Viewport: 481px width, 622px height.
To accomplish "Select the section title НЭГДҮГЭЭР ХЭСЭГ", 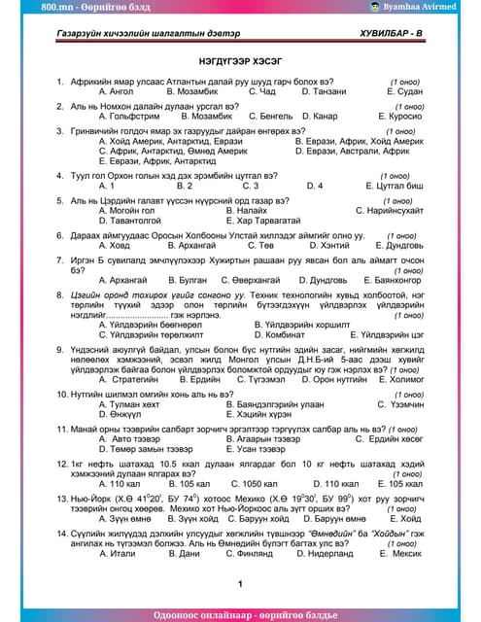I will click(239, 58).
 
